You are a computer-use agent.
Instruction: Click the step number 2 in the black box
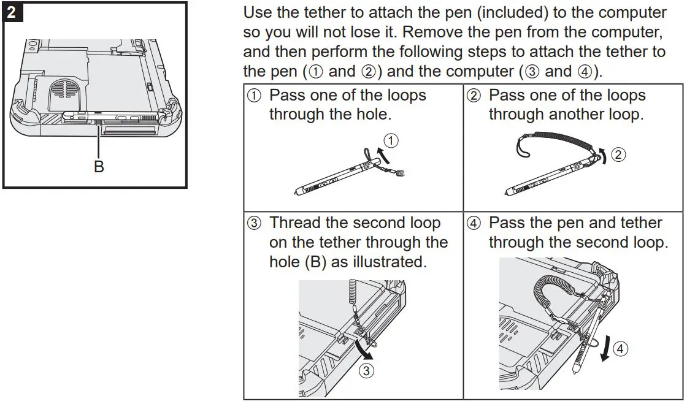click(12, 12)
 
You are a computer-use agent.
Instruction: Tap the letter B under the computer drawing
click(99, 166)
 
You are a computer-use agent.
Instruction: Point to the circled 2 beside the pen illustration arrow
click(619, 154)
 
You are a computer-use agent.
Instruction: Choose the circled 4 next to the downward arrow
click(621, 349)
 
